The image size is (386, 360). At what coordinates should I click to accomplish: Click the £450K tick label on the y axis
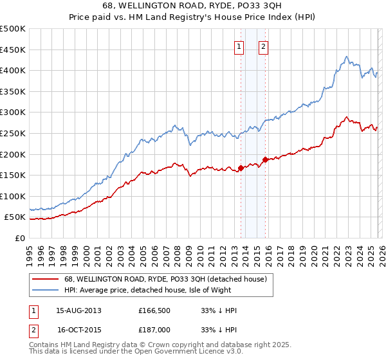tap(13, 50)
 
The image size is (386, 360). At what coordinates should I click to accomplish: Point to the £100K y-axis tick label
tap(13, 196)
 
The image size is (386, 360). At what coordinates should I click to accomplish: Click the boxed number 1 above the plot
tap(239, 46)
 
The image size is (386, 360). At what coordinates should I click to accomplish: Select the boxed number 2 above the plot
tap(264, 46)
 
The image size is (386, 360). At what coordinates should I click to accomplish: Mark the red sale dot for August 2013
tap(241, 168)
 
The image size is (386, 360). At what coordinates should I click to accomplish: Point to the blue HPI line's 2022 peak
tap(346, 57)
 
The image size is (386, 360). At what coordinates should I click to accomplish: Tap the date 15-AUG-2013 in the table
tap(78, 310)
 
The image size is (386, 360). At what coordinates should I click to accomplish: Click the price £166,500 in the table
tap(155, 310)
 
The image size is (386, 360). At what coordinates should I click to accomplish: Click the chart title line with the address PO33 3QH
tap(192, 6)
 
